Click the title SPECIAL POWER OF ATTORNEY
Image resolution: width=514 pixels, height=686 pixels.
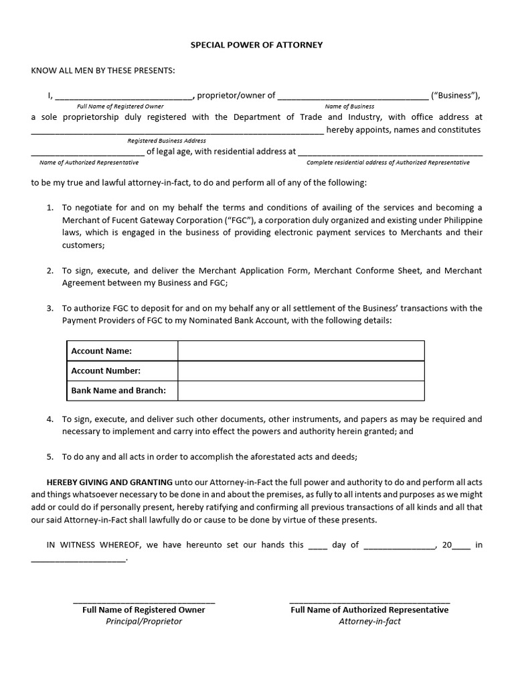tap(257, 45)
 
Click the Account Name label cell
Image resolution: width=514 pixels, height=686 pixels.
tap(102, 351)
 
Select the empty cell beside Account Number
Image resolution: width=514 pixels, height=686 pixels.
tap(301, 370)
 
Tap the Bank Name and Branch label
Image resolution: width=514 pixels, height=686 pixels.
tap(118, 390)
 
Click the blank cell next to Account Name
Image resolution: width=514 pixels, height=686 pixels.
tap(301, 351)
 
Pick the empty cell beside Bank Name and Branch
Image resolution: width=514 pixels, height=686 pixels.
tap(301, 390)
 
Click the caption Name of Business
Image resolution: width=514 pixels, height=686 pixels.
tap(349, 107)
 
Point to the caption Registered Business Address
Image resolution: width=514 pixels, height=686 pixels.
tap(167, 141)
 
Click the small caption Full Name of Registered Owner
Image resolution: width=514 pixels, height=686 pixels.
tap(120, 107)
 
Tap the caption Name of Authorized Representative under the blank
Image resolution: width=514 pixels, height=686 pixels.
tap(89, 163)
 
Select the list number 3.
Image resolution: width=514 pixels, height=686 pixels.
tap(50, 308)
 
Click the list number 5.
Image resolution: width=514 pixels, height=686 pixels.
tap(50, 457)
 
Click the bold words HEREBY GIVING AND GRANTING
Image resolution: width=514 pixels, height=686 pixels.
tap(109, 482)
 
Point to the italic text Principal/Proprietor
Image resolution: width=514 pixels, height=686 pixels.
tap(144, 621)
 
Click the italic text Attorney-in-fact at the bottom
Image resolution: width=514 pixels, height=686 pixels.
tap(369, 621)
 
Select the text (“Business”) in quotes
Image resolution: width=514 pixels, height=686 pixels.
tap(456, 95)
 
